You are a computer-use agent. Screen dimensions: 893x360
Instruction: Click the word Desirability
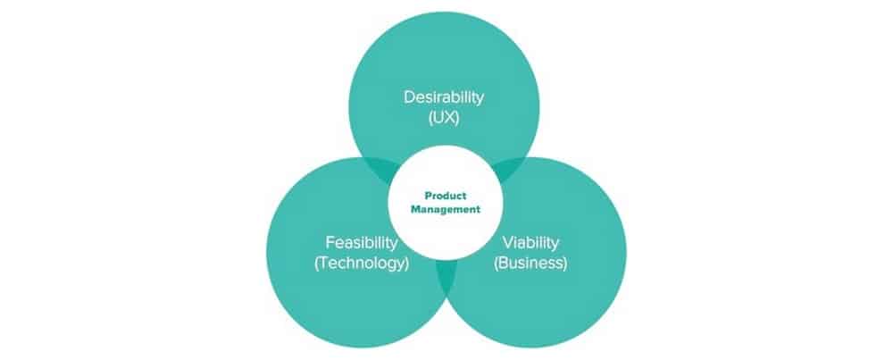tap(444, 97)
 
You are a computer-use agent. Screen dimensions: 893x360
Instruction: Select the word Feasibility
tap(362, 242)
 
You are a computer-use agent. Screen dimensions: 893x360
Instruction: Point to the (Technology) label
tap(362, 264)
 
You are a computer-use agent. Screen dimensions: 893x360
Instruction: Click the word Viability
tap(530, 242)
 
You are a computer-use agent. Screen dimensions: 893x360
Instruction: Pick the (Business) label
tap(530, 264)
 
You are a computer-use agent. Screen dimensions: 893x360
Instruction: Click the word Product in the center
tap(446, 196)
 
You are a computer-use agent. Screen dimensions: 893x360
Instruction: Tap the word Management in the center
tap(446, 210)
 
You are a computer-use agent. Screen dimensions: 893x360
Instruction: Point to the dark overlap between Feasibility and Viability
tap(446, 276)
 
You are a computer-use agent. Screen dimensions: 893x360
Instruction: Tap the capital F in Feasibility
tap(330, 242)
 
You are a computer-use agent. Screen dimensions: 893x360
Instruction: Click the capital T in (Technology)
tap(325, 264)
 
